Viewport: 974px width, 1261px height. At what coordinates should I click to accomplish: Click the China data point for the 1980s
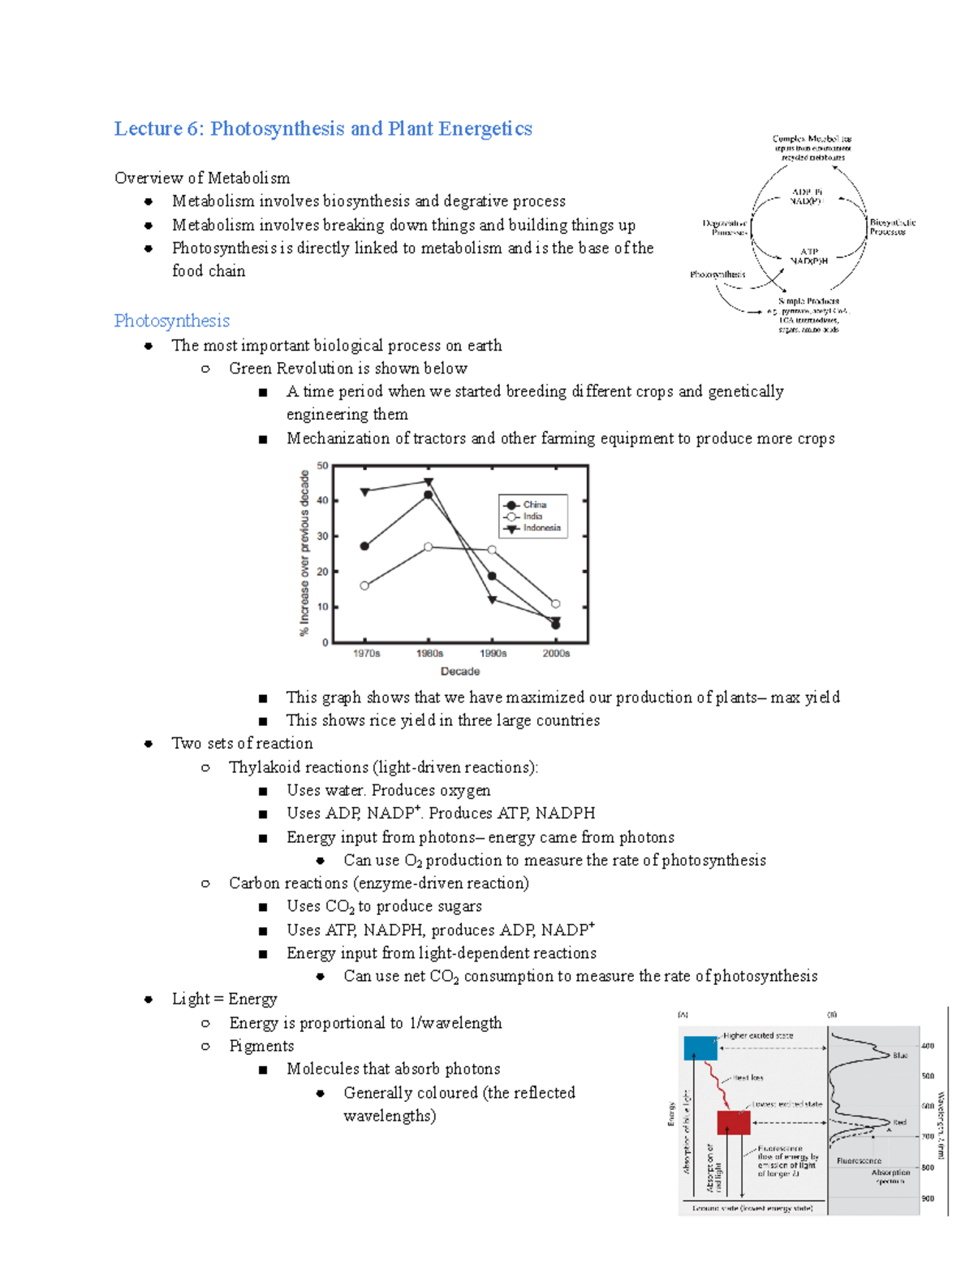point(428,494)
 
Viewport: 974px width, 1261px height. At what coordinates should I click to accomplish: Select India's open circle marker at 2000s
point(556,603)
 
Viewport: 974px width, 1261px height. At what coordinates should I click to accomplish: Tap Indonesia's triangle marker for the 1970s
point(364,492)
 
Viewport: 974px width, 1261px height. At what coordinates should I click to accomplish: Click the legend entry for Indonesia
point(541,528)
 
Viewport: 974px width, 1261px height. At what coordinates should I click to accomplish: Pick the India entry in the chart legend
point(532,516)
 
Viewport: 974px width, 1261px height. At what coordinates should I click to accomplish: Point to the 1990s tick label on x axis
point(493,654)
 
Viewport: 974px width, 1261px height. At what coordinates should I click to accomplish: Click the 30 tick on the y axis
point(323,536)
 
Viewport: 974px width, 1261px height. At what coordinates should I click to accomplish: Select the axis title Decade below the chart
point(460,672)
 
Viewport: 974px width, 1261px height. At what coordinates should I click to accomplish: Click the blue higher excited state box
point(700,1048)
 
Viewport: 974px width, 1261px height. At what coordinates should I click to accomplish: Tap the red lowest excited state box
point(734,1122)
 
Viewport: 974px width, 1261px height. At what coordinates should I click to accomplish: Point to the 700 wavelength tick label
point(928,1137)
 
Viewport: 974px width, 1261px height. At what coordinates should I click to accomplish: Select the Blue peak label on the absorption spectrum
point(900,1056)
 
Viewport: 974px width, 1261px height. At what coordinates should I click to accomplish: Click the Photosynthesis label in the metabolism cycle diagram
point(718,274)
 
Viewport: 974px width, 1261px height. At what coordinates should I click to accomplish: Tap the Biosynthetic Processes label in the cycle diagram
point(893,227)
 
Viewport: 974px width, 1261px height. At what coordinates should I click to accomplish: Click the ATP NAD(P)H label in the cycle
point(809,257)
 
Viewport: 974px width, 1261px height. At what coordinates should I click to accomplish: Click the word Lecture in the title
point(148,128)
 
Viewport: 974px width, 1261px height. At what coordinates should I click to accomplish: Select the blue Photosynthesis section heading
point(171,321)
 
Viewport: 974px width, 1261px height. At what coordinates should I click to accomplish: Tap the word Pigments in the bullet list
point(261,1046)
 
